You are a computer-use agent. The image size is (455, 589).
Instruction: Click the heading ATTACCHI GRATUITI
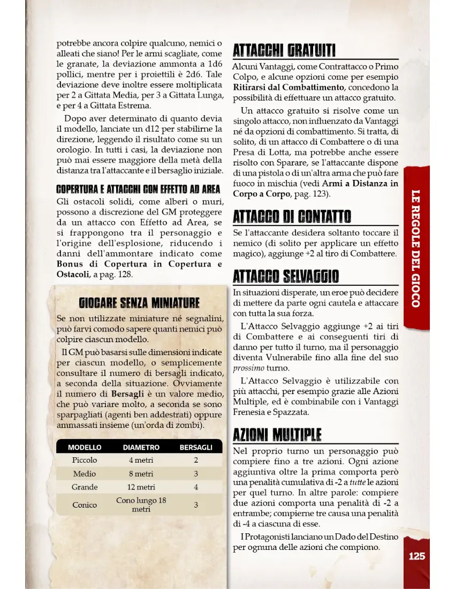click(x=284, y=51)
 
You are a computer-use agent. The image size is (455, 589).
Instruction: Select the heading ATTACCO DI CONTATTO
click(x=292, y=217)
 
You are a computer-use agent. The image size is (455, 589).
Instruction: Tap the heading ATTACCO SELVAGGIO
click(x=286, y=276)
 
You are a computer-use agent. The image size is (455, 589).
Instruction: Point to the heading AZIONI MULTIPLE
click(x=277, y=434)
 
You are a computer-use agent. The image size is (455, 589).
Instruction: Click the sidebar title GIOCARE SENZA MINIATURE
click(x=139, y=303)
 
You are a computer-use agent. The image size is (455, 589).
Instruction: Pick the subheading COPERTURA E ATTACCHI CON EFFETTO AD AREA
click(x=139, y=190)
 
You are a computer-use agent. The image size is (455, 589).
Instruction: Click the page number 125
click(x=416, y=556)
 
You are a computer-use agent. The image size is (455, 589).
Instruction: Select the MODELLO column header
click(x=85, y=447)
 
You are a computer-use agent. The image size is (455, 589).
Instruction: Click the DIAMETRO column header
click(x=141, y=447)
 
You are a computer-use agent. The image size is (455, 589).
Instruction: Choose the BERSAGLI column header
click(x=196, y=447)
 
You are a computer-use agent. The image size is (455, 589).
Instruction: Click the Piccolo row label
click(x=85, y=460)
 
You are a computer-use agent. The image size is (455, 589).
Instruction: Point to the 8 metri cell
click(x=141, y=474)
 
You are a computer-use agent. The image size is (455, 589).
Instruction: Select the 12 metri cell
click(x=141, y=487)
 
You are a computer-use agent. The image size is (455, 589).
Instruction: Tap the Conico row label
click(x=85, y=505)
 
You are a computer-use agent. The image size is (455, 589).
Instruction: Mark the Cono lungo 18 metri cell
click(x=141, y=505)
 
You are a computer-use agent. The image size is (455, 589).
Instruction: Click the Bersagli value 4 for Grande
click(x=196, y=487)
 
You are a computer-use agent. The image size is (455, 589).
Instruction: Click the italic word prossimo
click(x=249, y=368)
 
